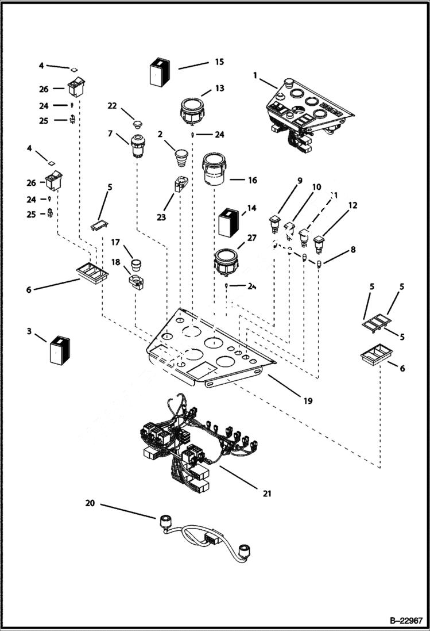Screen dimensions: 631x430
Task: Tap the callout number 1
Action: click(255, 75)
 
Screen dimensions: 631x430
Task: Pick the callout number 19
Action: click(308, 400)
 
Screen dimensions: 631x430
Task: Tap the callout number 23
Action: click(161, 217)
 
